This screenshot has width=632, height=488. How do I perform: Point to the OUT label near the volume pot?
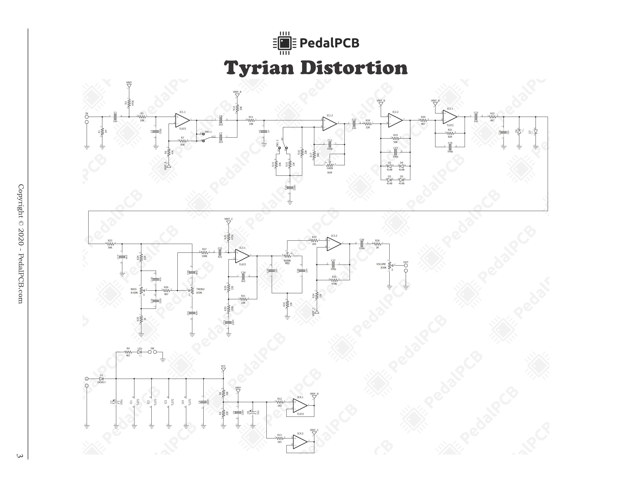click(406, 262)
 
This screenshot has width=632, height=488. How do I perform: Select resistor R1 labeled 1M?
click(102, 132)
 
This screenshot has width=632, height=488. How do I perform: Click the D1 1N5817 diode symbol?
click(101, 379)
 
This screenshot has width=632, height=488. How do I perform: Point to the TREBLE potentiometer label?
click(200, 289)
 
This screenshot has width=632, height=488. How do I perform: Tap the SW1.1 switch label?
click(208, 132)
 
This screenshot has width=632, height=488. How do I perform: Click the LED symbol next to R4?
click(140, 352)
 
